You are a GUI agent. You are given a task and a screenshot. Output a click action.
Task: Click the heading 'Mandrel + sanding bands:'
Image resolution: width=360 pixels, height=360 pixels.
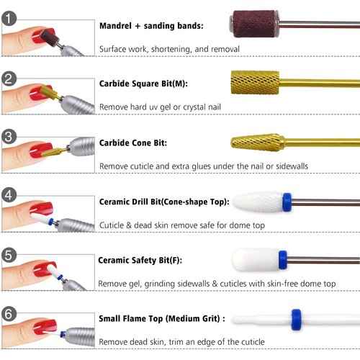[151, 26]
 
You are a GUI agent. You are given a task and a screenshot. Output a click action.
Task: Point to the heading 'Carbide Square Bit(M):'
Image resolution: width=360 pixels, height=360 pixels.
[143, 84]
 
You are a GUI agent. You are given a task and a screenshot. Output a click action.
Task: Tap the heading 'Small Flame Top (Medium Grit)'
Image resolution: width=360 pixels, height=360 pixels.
[161, 318]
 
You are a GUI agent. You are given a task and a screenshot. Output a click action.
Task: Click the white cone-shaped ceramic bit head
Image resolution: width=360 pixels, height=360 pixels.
[253, 199]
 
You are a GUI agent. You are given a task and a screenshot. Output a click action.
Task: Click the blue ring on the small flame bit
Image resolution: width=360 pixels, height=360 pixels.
[294, 317]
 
